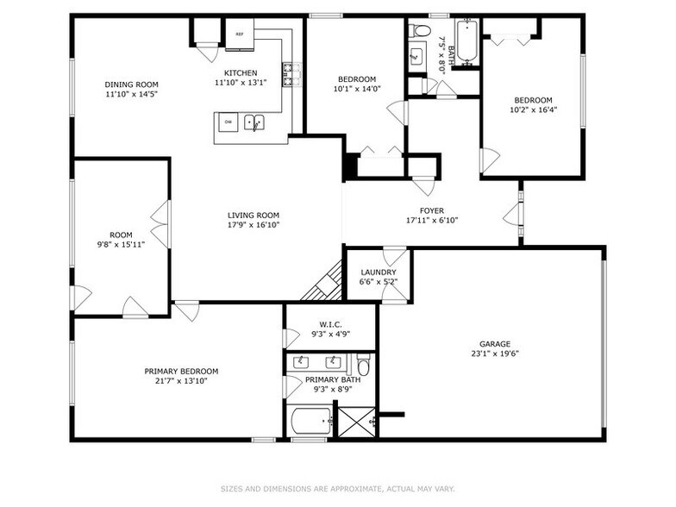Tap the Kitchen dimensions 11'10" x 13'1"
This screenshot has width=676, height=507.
coord(241,83)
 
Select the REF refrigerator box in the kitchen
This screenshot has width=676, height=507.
coord(240,35)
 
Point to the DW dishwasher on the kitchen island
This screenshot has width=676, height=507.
coord(228,122)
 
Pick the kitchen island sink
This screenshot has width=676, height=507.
coord(254,122)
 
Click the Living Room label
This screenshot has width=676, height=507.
coord(253,216)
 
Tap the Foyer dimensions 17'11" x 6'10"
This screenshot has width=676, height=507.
coord(432,220)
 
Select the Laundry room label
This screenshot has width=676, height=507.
coord(378,272)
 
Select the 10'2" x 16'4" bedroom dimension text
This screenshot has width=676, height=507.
coord(533,110)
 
